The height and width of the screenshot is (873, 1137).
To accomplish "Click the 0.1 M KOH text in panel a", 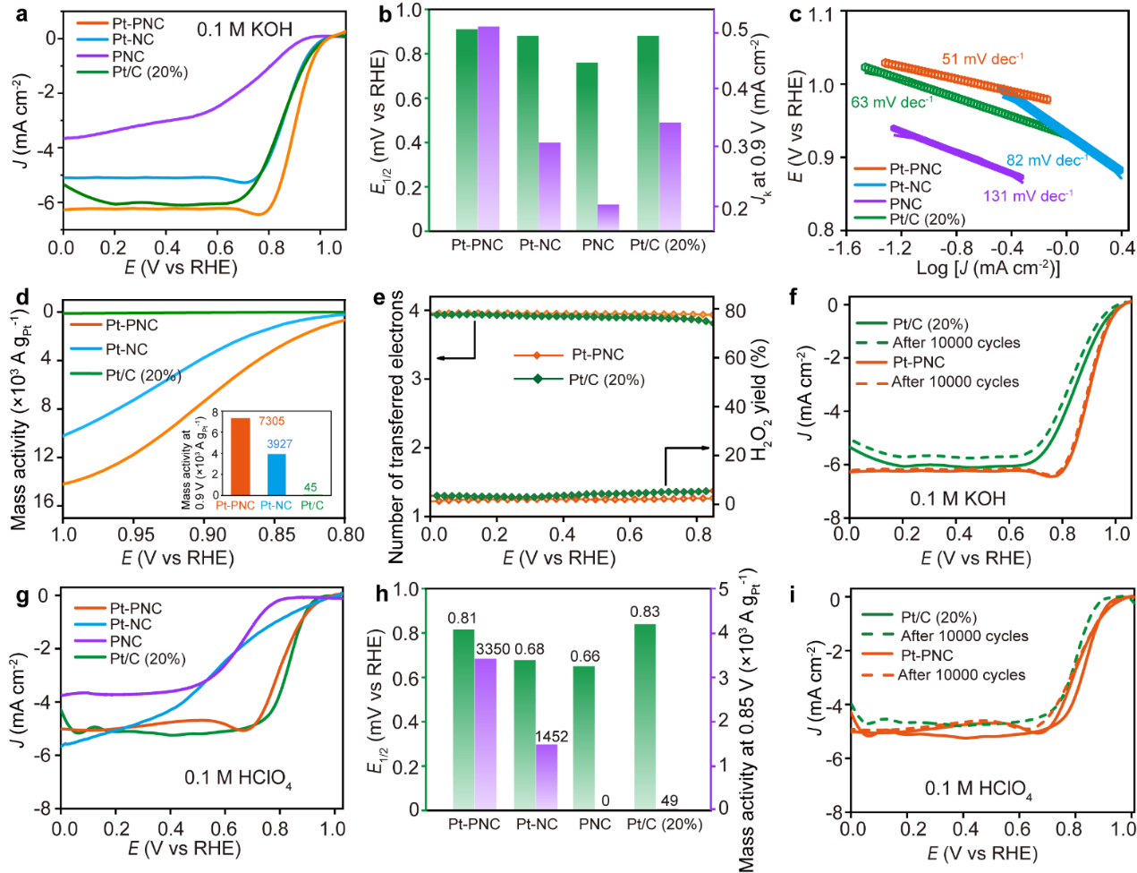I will pos(244,30).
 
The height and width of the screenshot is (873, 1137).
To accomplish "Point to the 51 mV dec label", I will pos(981,59).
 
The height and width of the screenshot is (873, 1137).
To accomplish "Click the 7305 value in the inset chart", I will pos(271,421).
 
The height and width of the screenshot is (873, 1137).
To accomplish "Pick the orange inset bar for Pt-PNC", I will pos(241,457).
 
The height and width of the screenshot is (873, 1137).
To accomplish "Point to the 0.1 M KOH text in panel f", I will pos(957,499).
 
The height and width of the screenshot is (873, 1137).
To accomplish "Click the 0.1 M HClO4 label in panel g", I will pos(237,778).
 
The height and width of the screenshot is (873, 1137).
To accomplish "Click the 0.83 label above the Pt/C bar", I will pos(645,612).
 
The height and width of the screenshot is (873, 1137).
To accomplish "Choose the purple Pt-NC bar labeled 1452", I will pos(547,776).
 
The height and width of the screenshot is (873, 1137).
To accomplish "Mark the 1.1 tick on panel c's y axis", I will pos(820,14).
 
